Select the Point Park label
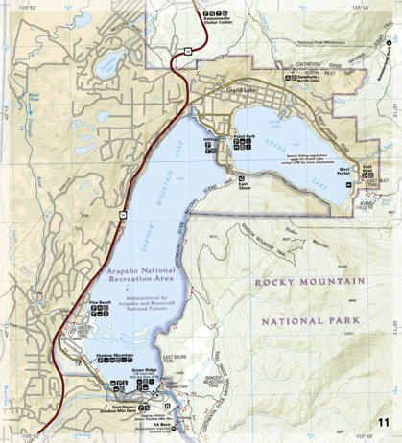pyautogui.click(x=244, y=135)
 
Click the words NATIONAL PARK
pyautogui.click(x=311, y=320)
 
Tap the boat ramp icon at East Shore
pyautogui.click(x=242, y=178)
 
